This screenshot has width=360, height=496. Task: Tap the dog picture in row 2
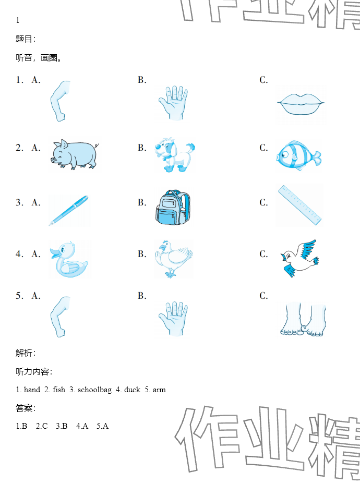(175, 155)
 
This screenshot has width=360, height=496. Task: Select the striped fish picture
(298, 155)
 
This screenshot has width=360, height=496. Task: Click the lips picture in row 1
(301, 104)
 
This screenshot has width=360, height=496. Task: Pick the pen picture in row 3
(68, 210)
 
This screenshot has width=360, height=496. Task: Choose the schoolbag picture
(173, 208)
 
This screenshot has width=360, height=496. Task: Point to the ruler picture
(299, 205)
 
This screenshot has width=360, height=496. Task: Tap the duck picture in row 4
(69, 259)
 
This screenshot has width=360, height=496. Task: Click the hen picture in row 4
(173, 259)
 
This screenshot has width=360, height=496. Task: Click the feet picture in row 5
(303, 320)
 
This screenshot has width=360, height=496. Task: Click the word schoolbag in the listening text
(94, 390)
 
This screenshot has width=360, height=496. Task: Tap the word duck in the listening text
(132, 390)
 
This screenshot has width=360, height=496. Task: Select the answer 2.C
(42, 426)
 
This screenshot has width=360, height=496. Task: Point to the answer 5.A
(102, 426)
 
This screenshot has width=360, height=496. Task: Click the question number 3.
(19, 202)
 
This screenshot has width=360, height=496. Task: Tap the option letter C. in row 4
(263, 254)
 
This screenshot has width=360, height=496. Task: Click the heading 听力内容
(32, 371)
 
